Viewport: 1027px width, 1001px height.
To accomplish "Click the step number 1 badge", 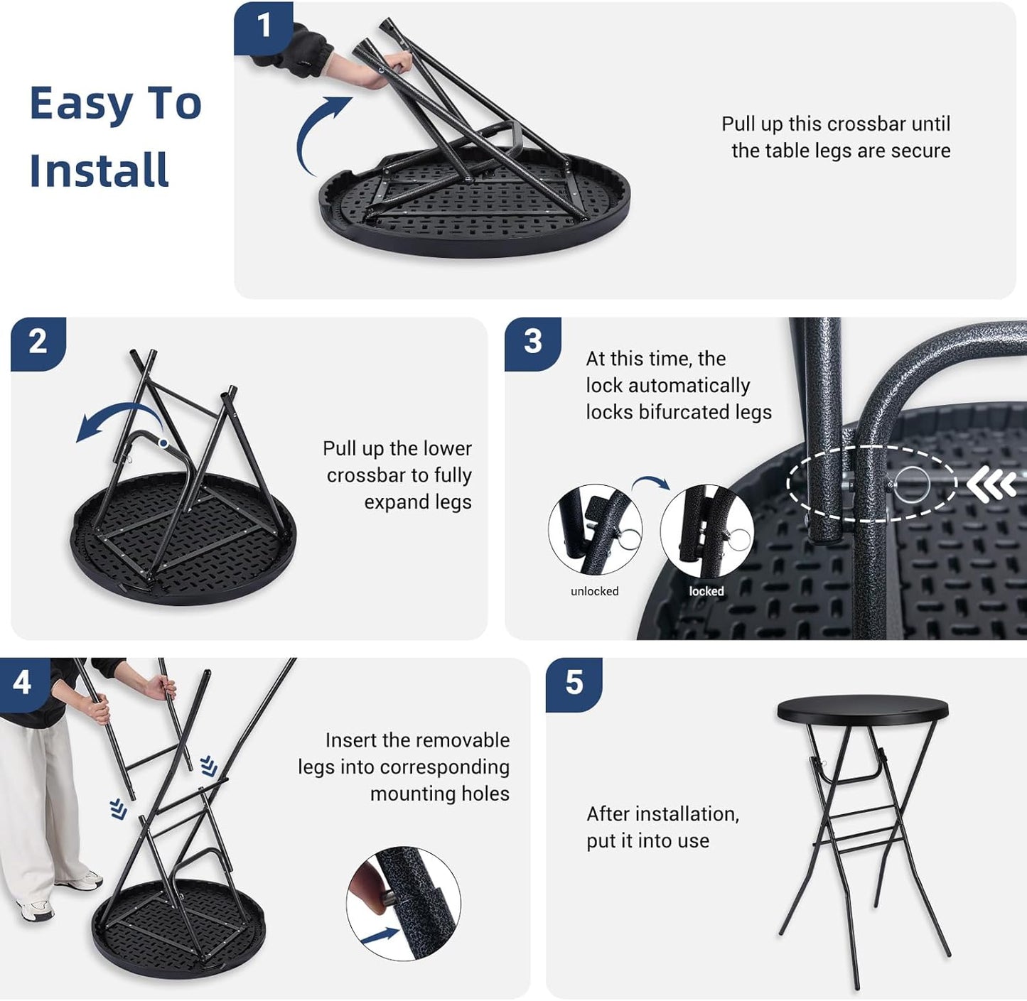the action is pos(264,28).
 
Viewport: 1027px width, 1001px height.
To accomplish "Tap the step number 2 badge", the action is pos(38,343).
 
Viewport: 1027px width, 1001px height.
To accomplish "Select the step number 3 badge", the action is pos(533,343).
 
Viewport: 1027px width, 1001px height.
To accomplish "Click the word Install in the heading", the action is pos(100,170).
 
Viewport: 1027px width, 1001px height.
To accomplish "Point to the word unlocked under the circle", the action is pos(595,591).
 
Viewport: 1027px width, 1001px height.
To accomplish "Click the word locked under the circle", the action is pos(706,591).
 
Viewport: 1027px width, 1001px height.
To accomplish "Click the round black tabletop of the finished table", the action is pos(863,709).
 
